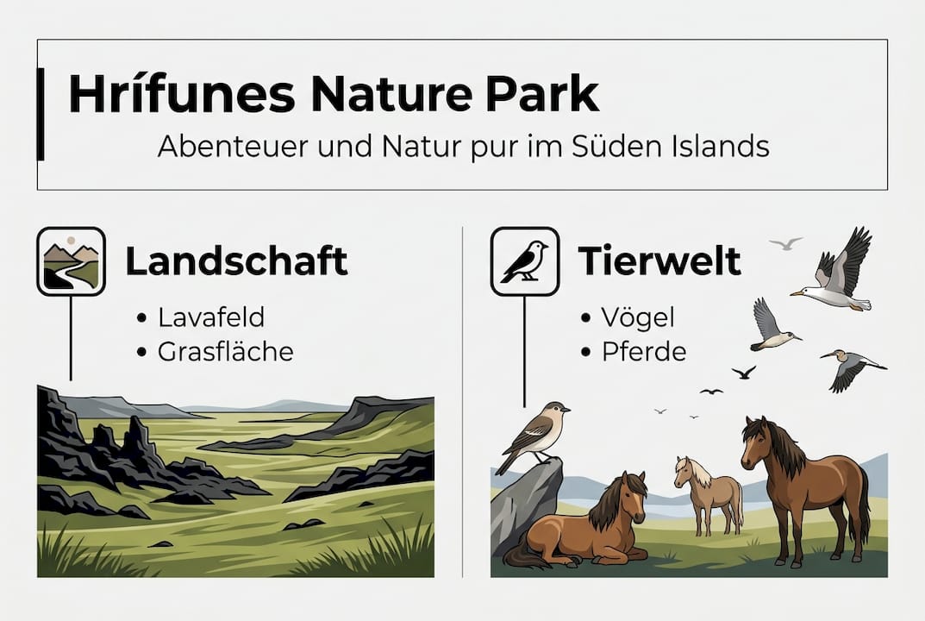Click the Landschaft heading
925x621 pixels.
(x=236, y=260)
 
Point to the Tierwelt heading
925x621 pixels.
(x=659, y=260)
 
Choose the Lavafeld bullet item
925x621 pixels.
(x=211, y=317)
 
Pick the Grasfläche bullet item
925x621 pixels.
(x=226, y=352)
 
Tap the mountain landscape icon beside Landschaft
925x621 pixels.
(x=72, y=260)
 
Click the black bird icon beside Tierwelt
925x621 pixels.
(x=525, y=260)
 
